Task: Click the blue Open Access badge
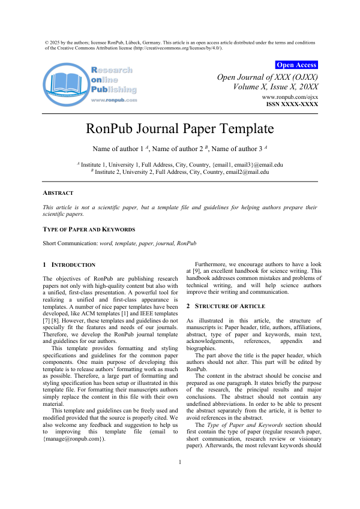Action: [296, 65]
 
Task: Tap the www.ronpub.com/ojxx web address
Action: [290, 97]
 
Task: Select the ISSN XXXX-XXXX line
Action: [292, 104]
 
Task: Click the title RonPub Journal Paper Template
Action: [180, 128]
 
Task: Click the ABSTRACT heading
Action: [58, 193]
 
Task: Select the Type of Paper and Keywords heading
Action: [89, 230]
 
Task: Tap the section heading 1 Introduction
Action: [69, 264]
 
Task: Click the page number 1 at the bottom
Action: [180, 478]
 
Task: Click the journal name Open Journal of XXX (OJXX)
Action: [267, 77]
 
